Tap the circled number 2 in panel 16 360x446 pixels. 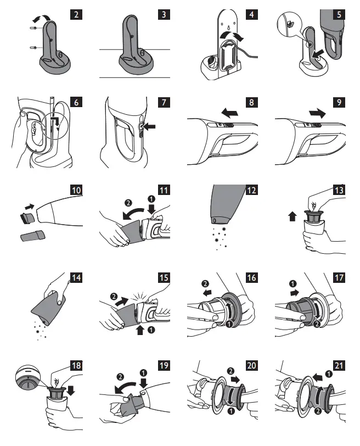[205, 283]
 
